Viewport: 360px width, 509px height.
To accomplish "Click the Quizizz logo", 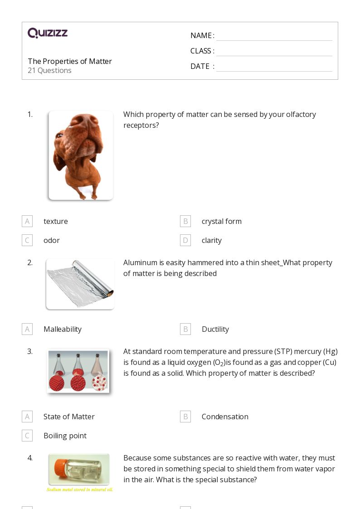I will point(48,33).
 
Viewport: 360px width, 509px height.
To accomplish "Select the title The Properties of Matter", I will point(70,61).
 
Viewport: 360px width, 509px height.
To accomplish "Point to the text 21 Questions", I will point(49,70).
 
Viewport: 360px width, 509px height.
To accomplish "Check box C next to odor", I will point(27,240).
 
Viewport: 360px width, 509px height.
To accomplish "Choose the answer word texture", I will point(56,221).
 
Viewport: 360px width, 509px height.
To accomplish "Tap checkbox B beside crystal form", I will point(185,221).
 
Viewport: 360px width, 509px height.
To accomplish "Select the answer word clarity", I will point(212,240).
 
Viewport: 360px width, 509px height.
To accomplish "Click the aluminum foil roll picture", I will point(80,284).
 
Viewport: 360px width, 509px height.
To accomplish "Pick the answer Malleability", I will point(63,329).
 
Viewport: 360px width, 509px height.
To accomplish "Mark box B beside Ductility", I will point(185,329).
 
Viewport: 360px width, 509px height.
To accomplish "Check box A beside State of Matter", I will point(27,417).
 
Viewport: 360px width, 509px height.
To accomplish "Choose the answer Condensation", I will point(225,417).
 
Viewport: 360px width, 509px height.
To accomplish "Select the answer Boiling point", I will point(65,436).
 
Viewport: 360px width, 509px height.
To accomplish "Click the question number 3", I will point(30,351).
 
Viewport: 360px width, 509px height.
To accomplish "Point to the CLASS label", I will point(201,51).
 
